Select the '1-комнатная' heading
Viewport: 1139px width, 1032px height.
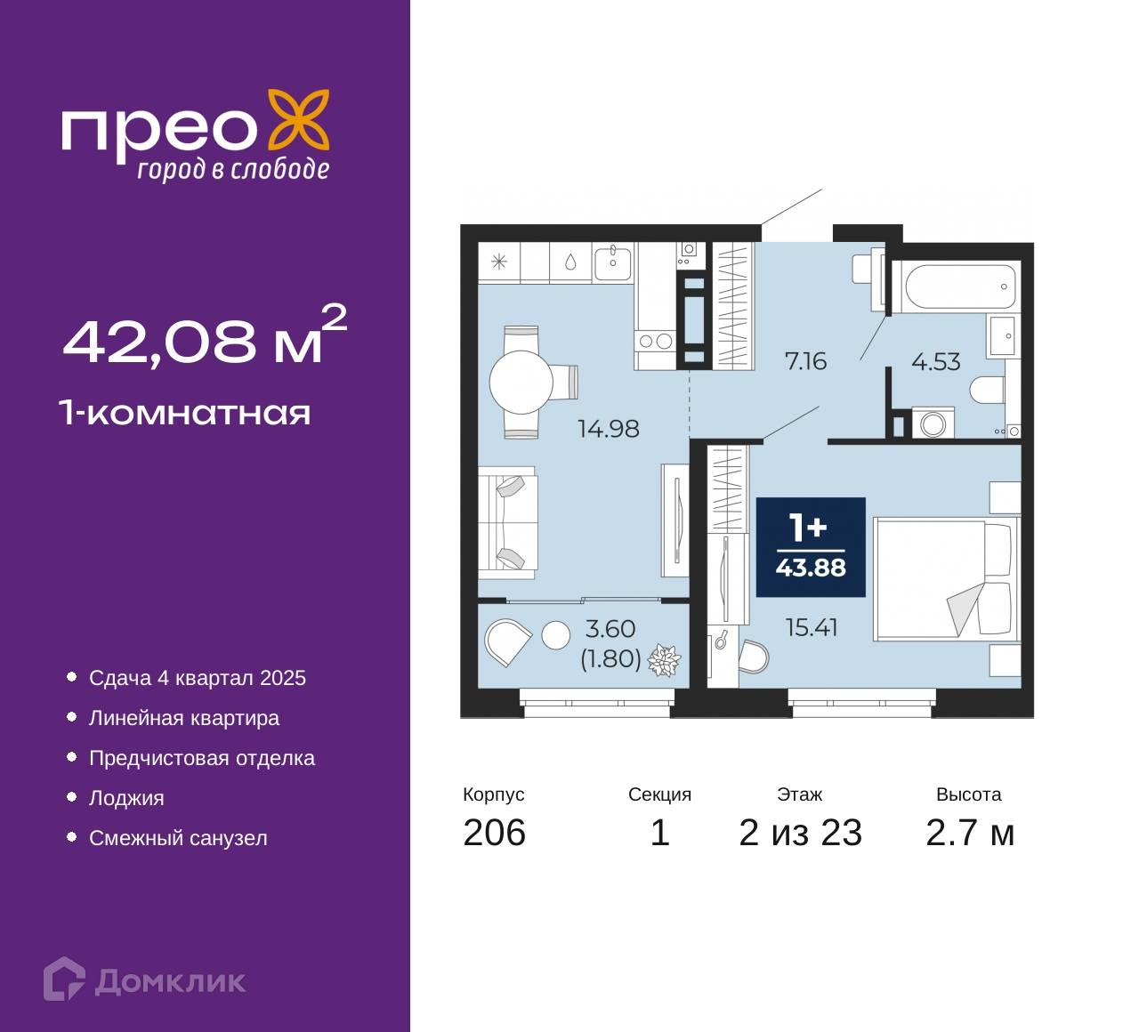click(185, 413)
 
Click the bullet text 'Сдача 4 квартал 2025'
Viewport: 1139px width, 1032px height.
click(197, 678)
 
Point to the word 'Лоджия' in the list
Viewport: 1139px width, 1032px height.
click(126, 798)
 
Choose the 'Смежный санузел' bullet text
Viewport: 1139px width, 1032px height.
click(178, 838)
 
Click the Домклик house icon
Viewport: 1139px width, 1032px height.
click(64, 978)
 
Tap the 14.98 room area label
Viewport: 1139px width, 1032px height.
click(608, 429)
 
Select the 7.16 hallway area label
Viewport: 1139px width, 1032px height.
click(805, 361)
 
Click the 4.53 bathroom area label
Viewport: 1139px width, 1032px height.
click(936, 361)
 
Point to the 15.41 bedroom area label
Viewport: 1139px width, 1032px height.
click(812, 628)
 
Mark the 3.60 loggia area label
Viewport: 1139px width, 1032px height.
click(610, 629)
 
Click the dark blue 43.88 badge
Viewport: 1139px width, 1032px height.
click(811, 547)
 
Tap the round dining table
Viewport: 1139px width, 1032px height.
click(521, 382)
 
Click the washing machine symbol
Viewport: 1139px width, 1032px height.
click(933, 423)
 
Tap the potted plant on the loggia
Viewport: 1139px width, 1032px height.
click(664, 660)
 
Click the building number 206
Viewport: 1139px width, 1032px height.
click(495, 833)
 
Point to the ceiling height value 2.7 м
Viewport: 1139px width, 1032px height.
click(970, 833)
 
